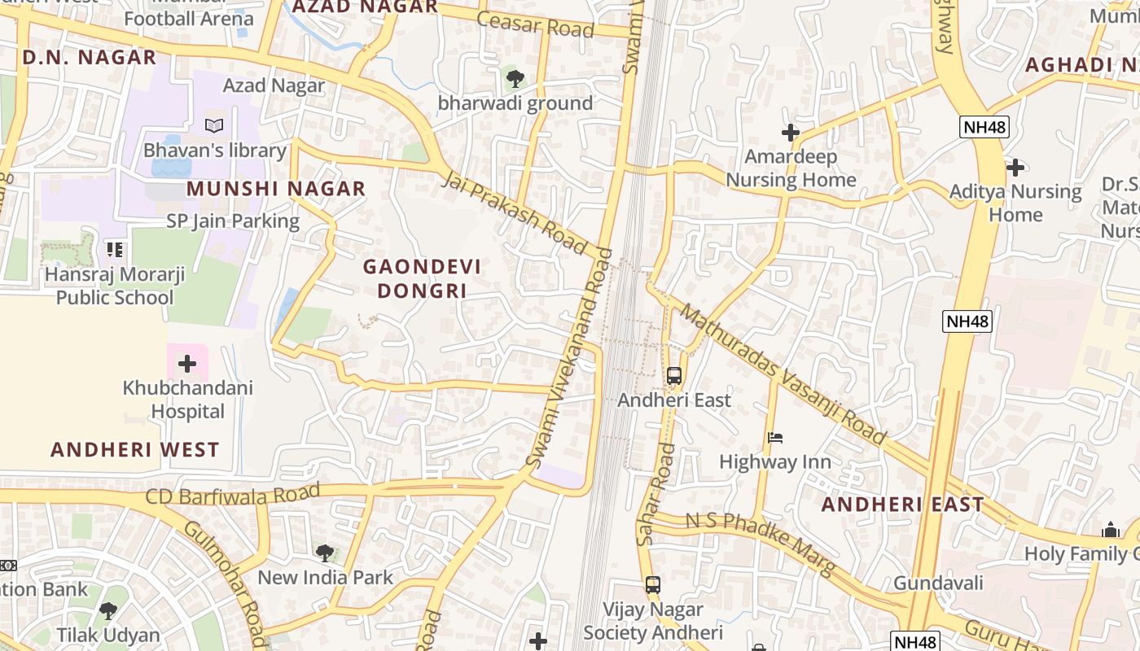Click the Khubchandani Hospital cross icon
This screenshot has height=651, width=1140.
coord(187,363)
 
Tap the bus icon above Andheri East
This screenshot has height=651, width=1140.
coord(674,376)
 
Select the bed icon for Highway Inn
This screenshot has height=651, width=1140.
coord(775,438)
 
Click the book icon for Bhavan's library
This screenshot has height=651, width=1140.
coord(214,126)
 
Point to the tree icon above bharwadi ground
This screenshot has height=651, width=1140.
coord(515,79)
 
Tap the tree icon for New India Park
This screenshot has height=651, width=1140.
coord(325,553)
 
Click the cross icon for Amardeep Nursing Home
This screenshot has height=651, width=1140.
coord(790,132)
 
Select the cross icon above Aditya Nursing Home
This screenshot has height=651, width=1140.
coord(1015,168)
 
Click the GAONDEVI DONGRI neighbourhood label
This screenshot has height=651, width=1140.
coord(422,278)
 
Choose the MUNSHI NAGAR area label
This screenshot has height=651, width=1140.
coord(276,189)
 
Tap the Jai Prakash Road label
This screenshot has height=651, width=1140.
coord(515,212)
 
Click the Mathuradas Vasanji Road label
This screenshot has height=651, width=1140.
coord(783,374)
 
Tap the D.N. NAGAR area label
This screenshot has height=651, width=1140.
coord(90,57)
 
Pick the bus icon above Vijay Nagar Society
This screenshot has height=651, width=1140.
coord(652,584)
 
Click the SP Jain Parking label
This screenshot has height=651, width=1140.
coord(233,221)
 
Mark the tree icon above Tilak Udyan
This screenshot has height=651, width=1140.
coord(107,610)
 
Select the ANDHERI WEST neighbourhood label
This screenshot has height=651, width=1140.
coord(135,449)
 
